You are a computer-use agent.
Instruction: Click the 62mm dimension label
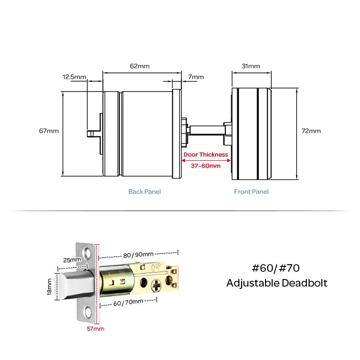(140, 66)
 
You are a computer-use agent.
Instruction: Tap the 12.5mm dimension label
(74, 77)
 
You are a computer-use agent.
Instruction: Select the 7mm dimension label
(196, 77)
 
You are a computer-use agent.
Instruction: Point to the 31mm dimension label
(251, 66)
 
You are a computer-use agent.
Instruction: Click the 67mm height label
(49, 131)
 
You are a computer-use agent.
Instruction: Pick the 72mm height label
(311, 131)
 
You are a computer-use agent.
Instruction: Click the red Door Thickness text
(206, 155)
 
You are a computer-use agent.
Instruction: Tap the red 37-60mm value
(206, 166)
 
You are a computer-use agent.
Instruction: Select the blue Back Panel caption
(144, 192)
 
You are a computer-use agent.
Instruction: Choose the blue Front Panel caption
(251, 192)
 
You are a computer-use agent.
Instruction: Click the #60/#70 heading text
(276, 269)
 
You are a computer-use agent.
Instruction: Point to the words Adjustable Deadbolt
(276, 283)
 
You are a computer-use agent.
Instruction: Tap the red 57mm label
(95, 329)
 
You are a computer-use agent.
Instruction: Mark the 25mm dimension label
(72, 260)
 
